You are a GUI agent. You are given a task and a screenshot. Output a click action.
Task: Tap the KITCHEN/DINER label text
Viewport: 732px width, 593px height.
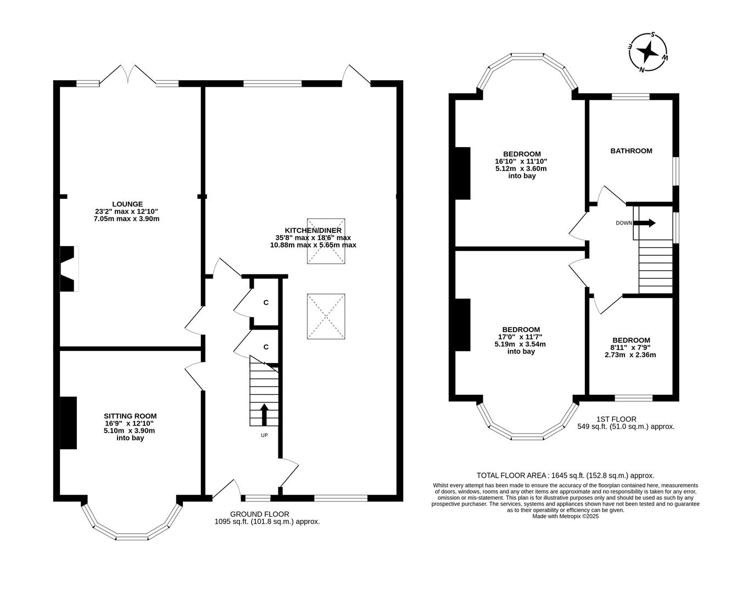(313, 230)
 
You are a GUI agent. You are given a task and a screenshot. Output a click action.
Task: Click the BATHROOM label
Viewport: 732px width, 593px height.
(631, 150)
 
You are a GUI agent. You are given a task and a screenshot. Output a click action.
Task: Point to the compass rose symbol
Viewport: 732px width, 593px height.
(649, 52)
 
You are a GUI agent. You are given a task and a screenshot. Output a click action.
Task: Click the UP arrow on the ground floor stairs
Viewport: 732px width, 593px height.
(264, 415)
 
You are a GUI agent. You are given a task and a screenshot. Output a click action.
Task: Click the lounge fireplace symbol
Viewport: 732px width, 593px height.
(68, 269)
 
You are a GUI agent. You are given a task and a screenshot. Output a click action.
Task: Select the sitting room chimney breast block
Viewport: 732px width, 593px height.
(68, 423)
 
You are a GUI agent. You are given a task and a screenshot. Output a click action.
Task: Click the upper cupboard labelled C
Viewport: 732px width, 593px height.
(266, 303)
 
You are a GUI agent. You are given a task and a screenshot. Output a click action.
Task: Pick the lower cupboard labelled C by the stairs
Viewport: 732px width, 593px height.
(266, 347)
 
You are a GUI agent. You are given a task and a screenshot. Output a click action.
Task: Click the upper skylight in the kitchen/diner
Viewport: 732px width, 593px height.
(326, 241)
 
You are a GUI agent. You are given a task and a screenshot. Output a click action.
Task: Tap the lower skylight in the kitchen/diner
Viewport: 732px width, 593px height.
(326, 317)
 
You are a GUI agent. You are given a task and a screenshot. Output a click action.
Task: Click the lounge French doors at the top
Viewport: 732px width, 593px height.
(127, 75)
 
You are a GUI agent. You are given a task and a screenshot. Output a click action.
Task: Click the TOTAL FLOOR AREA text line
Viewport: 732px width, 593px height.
(565, 475)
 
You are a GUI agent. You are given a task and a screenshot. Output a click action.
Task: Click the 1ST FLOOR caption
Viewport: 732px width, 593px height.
(616, 419)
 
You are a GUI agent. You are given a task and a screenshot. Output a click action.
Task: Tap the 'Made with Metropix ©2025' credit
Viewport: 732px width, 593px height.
(565, 516)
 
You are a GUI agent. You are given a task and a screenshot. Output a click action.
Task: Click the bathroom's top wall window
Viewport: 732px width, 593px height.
(630, 97)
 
